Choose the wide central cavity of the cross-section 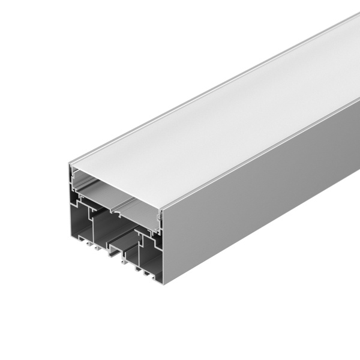click(111, 231)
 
